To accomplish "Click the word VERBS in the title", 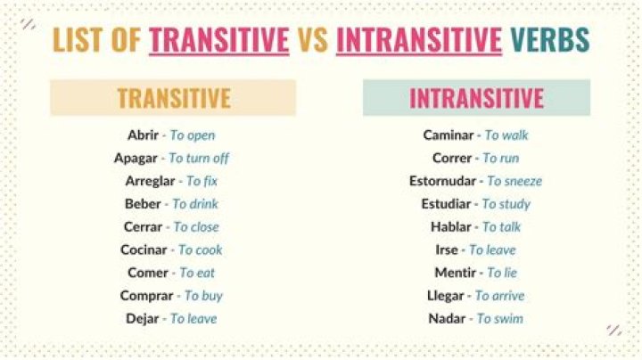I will pyautogui.click(x=550, y=39).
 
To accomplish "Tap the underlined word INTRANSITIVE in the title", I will pyautogui.click(x=419, y=39).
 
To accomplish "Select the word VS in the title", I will pyautogui.click(x=312, y=39).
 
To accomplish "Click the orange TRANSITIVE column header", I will pyautogui.click(x=174, y=98).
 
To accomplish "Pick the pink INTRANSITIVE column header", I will pyautogui.click(x=476, y=98).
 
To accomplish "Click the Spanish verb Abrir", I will pyautogui.click(x=143, y=135).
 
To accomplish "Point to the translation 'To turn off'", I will pyautogui.click(x=199, y=158).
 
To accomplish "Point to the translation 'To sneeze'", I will pyautogui.click(x=514, y=181).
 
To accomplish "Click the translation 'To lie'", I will pyautogui.click(x=502, y=273).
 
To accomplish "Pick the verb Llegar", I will pyautogui.click(x=447, y=296).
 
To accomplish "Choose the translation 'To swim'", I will pyautogui.click(x=500, y=319).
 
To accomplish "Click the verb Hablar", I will pyautogui.click(x=449, y=227).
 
